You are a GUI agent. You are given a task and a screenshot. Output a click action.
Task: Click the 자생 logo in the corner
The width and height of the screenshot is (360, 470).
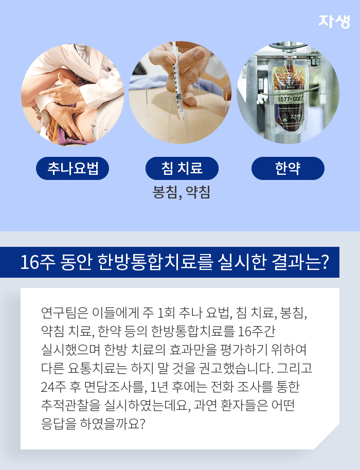[334, 20]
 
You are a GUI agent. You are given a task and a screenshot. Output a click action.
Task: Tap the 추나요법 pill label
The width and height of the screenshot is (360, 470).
[72, 168]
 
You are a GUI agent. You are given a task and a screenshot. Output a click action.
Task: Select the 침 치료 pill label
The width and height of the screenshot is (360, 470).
[182, 168]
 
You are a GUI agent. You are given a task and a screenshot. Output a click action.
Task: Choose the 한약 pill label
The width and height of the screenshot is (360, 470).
[287, 168]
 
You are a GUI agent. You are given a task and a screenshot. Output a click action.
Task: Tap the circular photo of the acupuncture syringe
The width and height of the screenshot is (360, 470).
[180, 93]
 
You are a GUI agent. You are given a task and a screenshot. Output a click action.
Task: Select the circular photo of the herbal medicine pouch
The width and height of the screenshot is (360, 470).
[288, 93]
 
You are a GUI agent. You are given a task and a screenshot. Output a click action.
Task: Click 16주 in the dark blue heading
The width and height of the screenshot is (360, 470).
[35, 262]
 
